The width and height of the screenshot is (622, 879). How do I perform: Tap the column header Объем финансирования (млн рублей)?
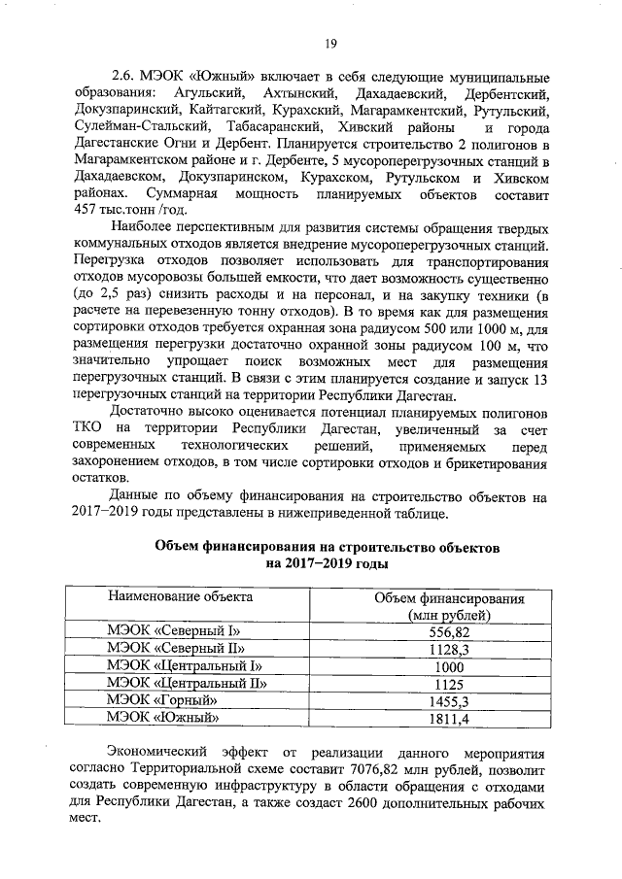pyautogui.click(x=449, y=606)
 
